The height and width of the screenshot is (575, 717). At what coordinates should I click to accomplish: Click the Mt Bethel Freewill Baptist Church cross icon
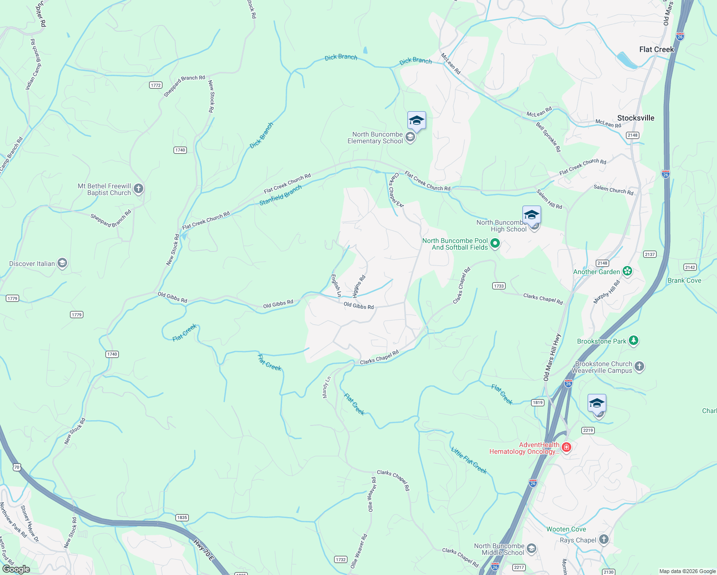pyautogui.click(x=139, y=189)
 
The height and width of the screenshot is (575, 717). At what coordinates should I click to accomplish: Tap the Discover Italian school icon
pyautogui.click(x=62, y=263)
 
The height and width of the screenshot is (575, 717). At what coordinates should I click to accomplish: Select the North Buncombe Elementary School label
pyautogui.click(x=375, y=138)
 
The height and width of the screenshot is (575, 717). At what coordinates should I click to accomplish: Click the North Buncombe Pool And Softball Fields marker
pyautogui.click(x=495, y=244)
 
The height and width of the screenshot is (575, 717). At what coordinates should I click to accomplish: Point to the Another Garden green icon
pyautogui.click(x=627, y=271)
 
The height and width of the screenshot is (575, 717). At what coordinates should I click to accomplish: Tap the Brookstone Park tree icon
pyautogui.click(x=634, y=341)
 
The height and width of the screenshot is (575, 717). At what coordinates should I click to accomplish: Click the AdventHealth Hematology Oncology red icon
pyautogui.click(x=567, y=448)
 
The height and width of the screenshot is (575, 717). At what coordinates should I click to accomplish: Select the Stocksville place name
pyautogui.click(x=636, y=118)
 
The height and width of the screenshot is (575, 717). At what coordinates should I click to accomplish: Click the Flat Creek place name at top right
pyautogui.click(x=656, y=49)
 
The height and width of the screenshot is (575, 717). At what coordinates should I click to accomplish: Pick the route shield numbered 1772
pyautogui.click(x=155, y=85)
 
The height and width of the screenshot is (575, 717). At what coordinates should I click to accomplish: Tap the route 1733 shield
pyautogui.click(x=499, y=286)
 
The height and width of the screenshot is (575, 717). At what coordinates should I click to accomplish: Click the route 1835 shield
pyautogui.click(x=182, y=517)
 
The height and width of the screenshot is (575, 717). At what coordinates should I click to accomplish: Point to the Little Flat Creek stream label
pyautogui.click(x=469, y=460)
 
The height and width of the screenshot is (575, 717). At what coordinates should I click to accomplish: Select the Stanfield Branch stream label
pyautogui.click(x=280, y=195)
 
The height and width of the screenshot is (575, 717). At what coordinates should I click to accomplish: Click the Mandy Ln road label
pyautogui.click(x=326, y=387)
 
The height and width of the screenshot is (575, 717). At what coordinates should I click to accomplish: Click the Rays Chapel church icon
pyautogui.click(x=603, y=540)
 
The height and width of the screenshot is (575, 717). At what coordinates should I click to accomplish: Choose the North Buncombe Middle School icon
pyautogui.click(x=531, y=548)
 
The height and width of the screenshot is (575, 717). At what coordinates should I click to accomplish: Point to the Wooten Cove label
pyautogui.click(x=566, y=529)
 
